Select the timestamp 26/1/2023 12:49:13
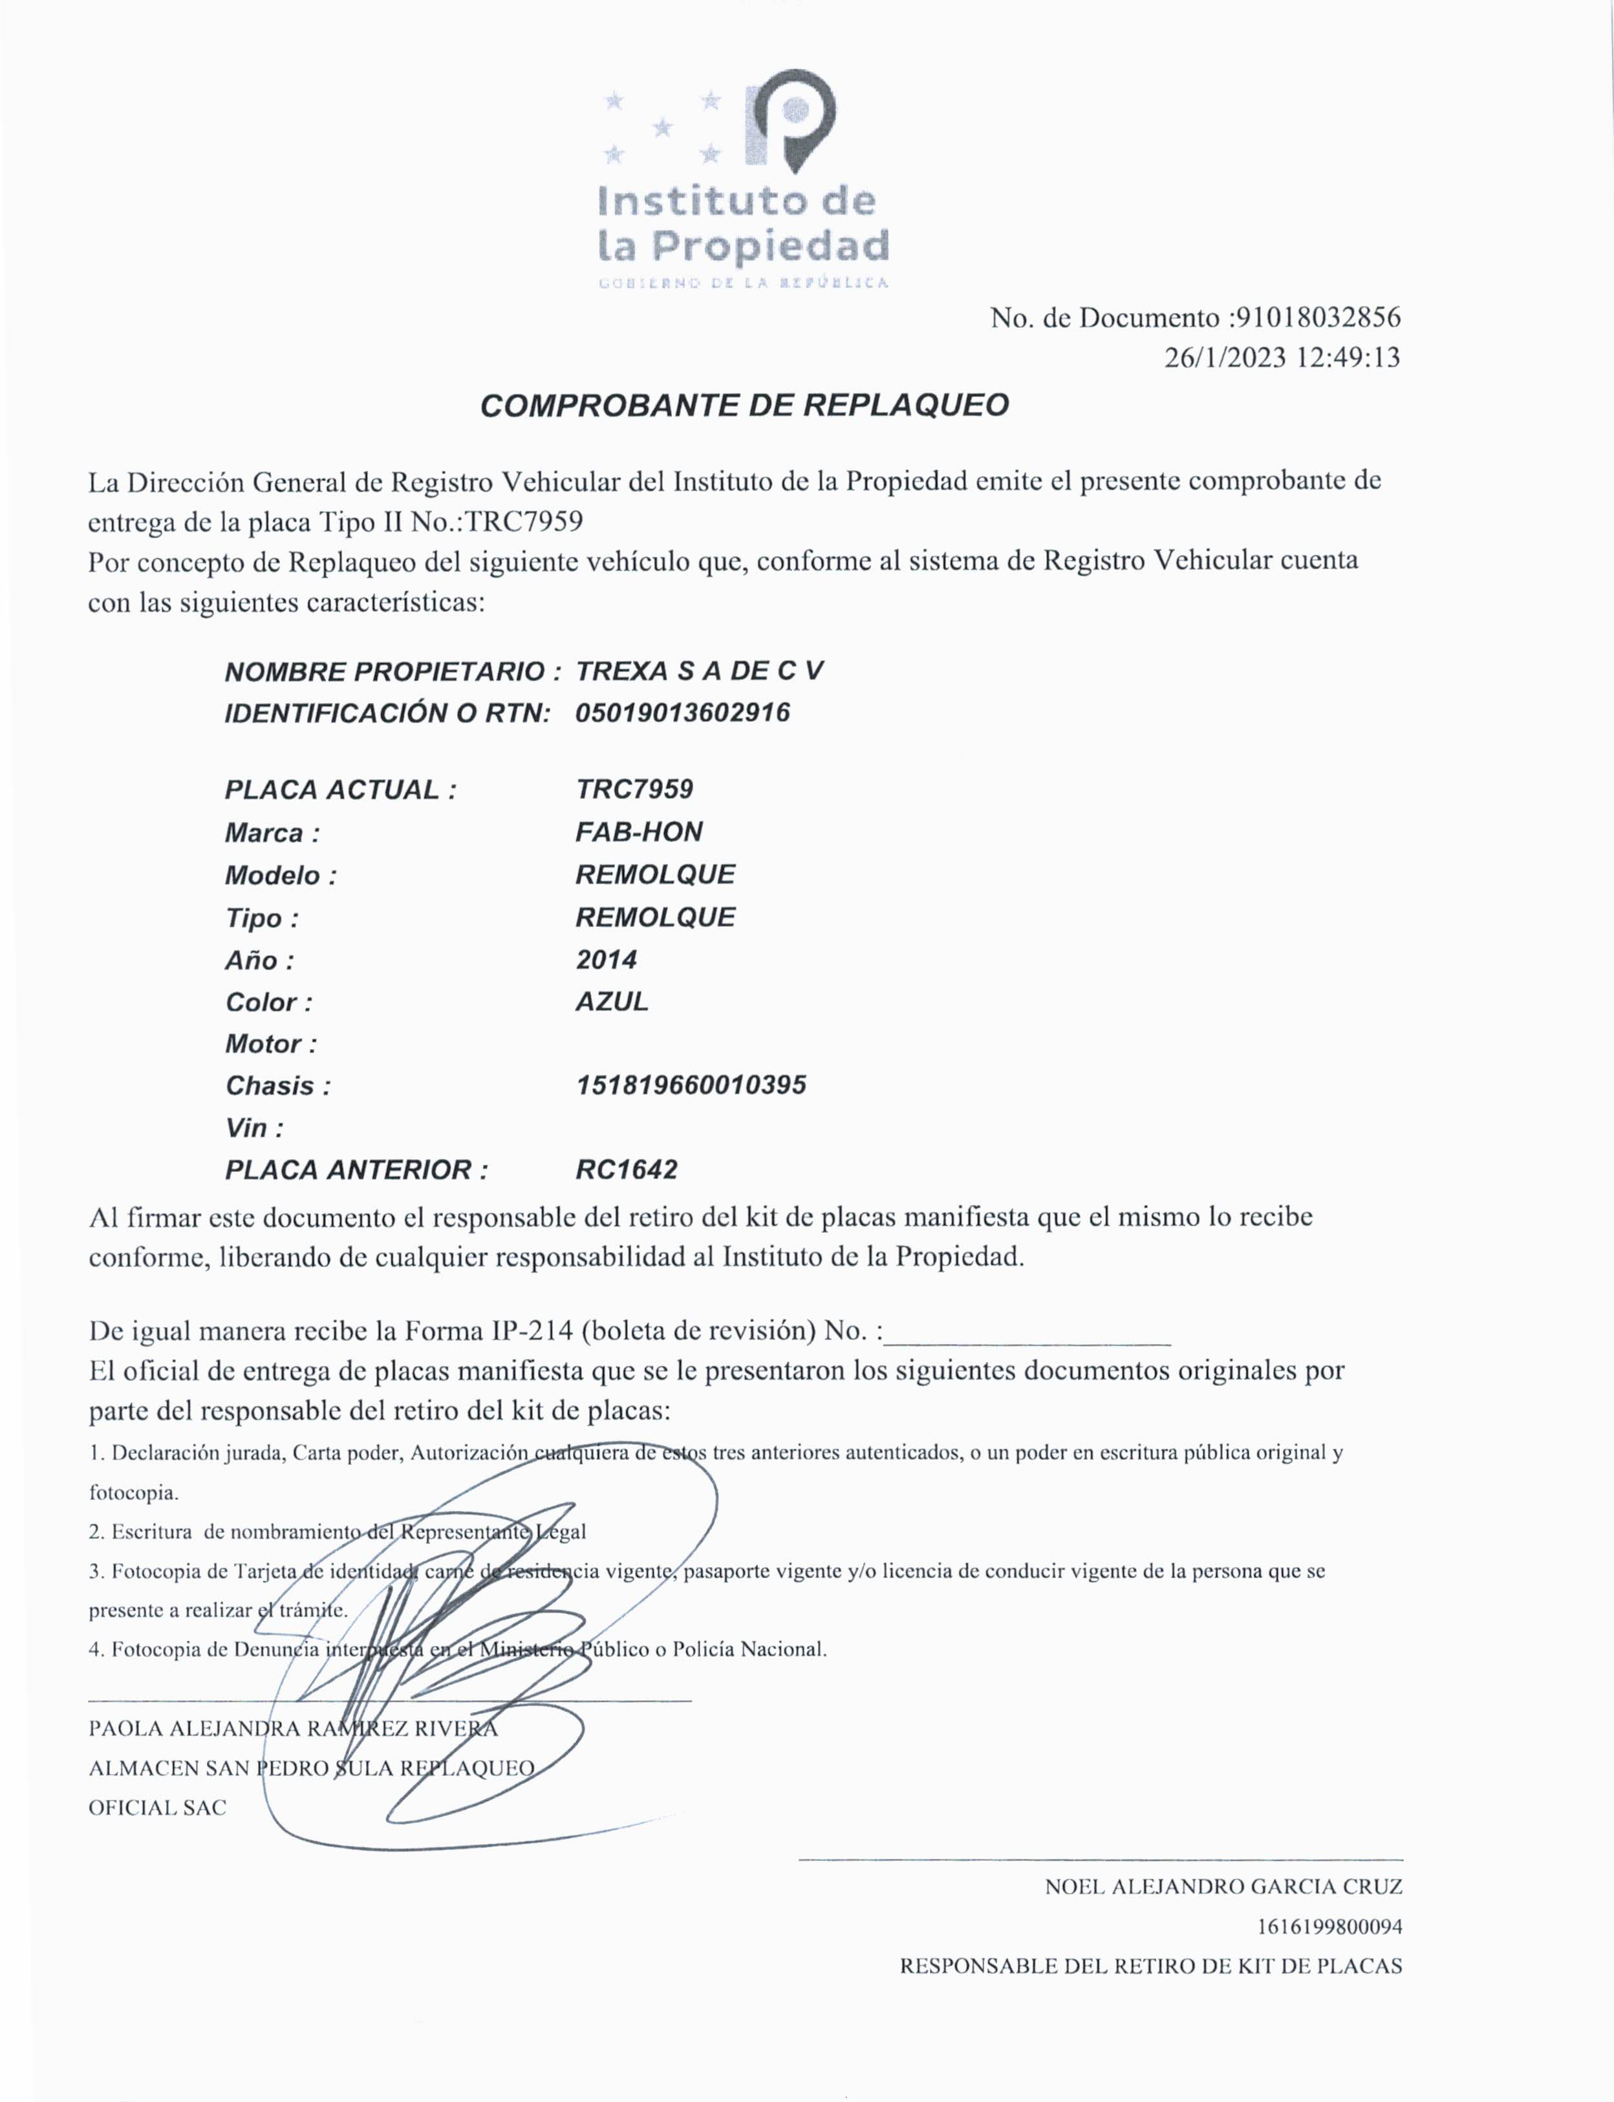click(1282, 358)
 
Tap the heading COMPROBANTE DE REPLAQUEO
click(744, 406)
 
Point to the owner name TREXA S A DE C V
click(700, 671)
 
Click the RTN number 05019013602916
click(682, 713)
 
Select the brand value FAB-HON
click(639, 832)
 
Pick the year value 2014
click(606, 960)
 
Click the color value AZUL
click(612, 1002)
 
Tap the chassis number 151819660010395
click(691, 1085)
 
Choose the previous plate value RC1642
click(627, 1170)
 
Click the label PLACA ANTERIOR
click(356, 1170)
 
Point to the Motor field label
click(271, 1045)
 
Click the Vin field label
click(253, 1128)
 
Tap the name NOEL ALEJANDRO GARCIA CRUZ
click(1223, 1886)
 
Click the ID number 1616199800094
click(1329, 1926)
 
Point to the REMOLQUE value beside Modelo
click(655, 874)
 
